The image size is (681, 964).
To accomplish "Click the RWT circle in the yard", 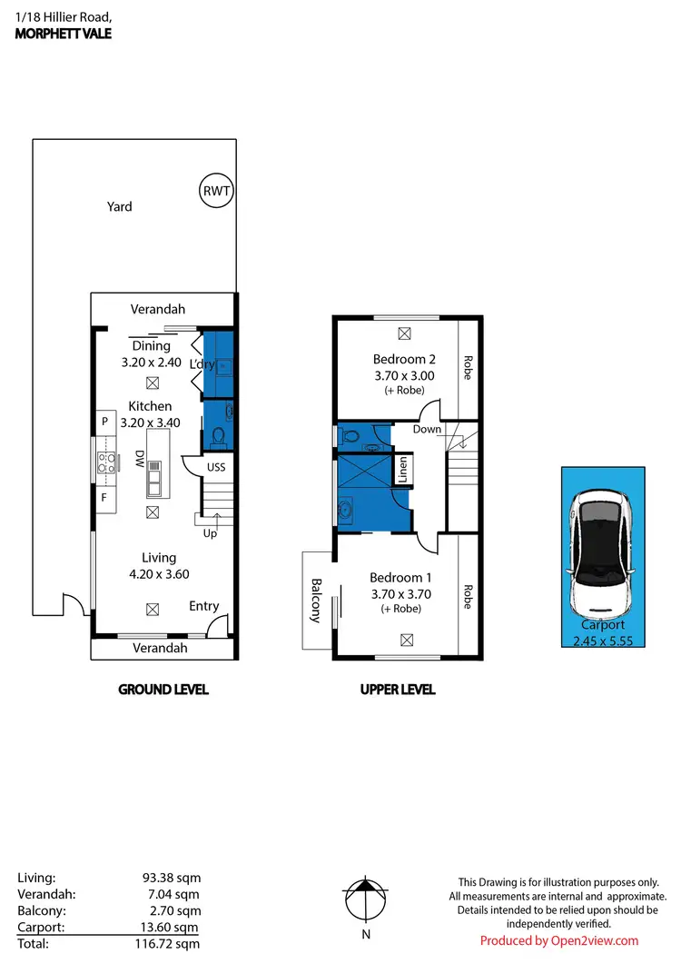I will tap(216, 191).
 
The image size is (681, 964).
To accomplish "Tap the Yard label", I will tap(120, 206).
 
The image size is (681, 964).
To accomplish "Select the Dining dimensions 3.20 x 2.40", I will tap(152, 362).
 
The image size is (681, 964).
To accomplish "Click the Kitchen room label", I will tap(150, 406).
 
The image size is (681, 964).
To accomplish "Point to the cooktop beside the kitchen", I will tap(104, 462).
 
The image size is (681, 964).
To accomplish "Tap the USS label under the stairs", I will tap(216, 467).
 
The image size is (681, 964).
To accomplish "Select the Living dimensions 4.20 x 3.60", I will tap(158, 573).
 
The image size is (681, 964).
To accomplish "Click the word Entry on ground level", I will tap(204, 606).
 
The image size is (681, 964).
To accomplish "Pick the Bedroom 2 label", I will tap(399, 359).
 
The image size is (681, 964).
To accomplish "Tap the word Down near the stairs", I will tap(427, 429).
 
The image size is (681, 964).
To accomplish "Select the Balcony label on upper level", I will tap(316, 601).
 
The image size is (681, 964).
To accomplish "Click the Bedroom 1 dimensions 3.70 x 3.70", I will tap(400, 594).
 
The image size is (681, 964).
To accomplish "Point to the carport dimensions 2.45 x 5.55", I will tap(604, 640).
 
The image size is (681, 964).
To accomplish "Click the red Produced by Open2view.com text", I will tap(559, 940).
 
